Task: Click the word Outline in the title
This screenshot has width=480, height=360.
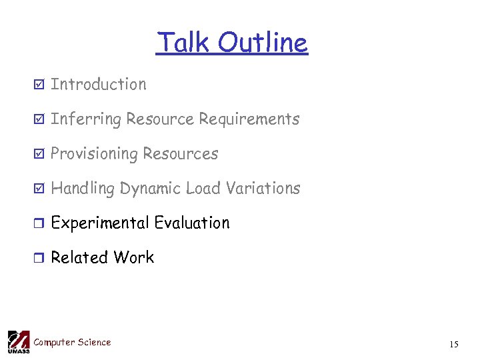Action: [262, 43]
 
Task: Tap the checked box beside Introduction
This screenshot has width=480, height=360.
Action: [39, 85]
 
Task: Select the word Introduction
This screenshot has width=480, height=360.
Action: [99, 85]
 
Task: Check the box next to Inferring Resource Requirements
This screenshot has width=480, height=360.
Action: [39, 120]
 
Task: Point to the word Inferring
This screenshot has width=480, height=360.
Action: [86, 120]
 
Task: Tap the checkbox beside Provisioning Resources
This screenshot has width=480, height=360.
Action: [39, 155]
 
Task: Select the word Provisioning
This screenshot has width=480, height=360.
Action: [93, 155]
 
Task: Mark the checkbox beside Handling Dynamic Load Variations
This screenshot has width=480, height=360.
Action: [39, 189]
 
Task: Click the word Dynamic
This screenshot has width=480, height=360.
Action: [150, 189]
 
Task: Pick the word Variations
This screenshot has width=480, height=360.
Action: [263, 189]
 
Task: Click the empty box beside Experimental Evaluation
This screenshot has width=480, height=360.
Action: [39, 224]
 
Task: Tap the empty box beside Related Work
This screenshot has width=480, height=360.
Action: [39, 259]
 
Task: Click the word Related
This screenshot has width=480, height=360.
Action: [79, 258]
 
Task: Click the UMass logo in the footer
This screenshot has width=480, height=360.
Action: [18, 341]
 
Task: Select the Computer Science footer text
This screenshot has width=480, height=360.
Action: [72, 343]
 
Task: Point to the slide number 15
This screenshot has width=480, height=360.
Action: [454, 345]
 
